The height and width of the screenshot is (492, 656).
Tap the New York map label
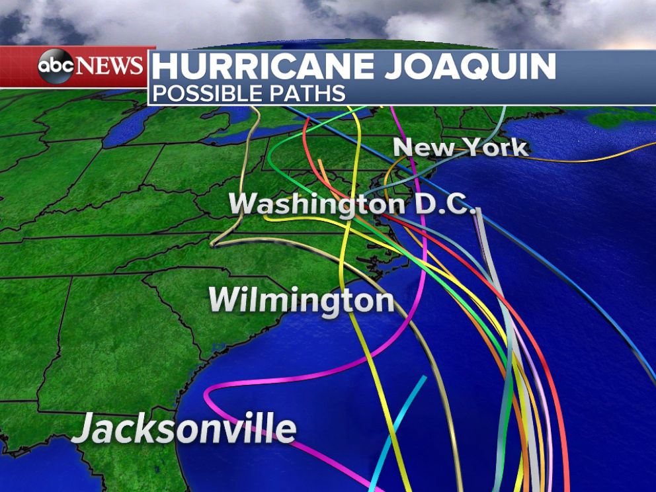tap(461, 147)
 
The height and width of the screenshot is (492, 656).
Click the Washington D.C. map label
tap(352, 204)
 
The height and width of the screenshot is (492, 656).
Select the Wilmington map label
tap(302, 301)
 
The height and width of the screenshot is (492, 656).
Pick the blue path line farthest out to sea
tap(595, 311)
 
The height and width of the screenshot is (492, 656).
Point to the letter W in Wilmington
tap(225, 301)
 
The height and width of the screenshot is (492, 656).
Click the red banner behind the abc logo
tap(20, 66)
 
